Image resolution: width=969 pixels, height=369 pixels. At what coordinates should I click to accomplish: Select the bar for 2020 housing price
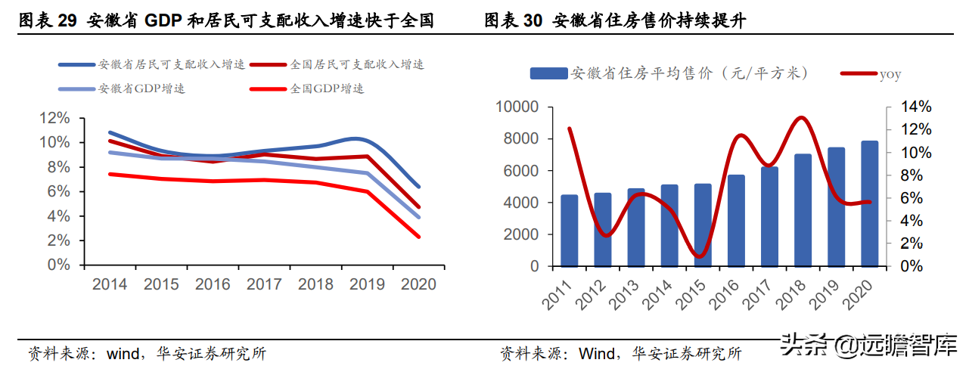[x=869, y=203]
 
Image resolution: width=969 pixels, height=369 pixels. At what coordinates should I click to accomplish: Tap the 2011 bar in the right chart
[x=569, y=231]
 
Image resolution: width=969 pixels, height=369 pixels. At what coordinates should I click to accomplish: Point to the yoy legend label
[x=890, y=73]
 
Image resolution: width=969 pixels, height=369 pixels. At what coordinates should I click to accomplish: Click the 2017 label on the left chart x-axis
[x=265, y=284]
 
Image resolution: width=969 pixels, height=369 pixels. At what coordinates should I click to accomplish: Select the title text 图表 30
[x=514, y=20]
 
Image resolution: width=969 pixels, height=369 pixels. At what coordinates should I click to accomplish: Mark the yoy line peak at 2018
[x=802, y=117]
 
